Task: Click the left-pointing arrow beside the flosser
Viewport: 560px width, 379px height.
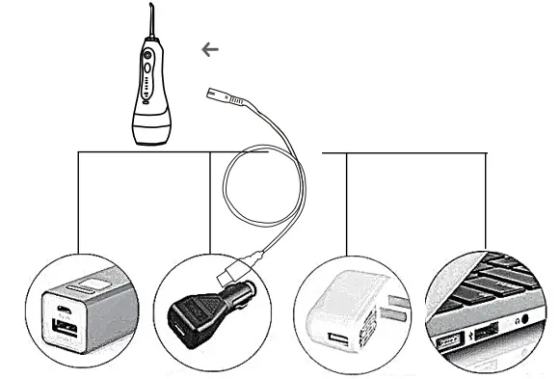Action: click(210, 48)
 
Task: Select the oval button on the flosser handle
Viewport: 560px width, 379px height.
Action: click(147, 68)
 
